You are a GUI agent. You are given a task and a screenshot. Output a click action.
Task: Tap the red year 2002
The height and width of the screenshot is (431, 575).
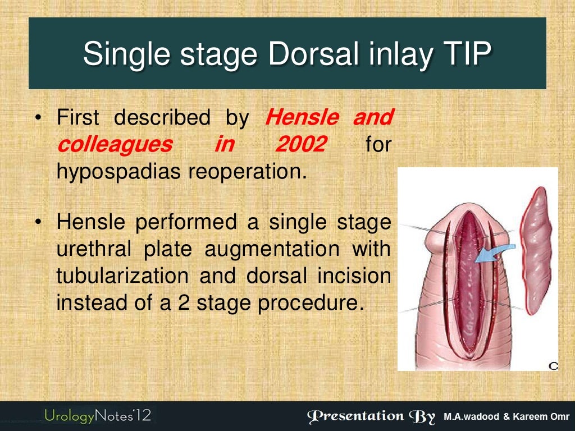(x=300, y=145)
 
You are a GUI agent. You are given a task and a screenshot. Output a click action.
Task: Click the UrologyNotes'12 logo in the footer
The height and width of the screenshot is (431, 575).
(x=98, y=416)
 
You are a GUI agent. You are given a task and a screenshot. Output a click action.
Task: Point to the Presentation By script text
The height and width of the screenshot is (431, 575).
(x=371, y=416)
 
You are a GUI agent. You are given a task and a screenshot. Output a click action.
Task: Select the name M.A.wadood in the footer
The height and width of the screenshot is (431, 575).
(x=472, y=417)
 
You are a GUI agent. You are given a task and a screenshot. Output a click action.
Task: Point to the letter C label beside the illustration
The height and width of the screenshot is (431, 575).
(x=553, y=366)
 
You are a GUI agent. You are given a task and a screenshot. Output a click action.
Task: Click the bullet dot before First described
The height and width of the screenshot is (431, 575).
(x=38, y=119)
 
